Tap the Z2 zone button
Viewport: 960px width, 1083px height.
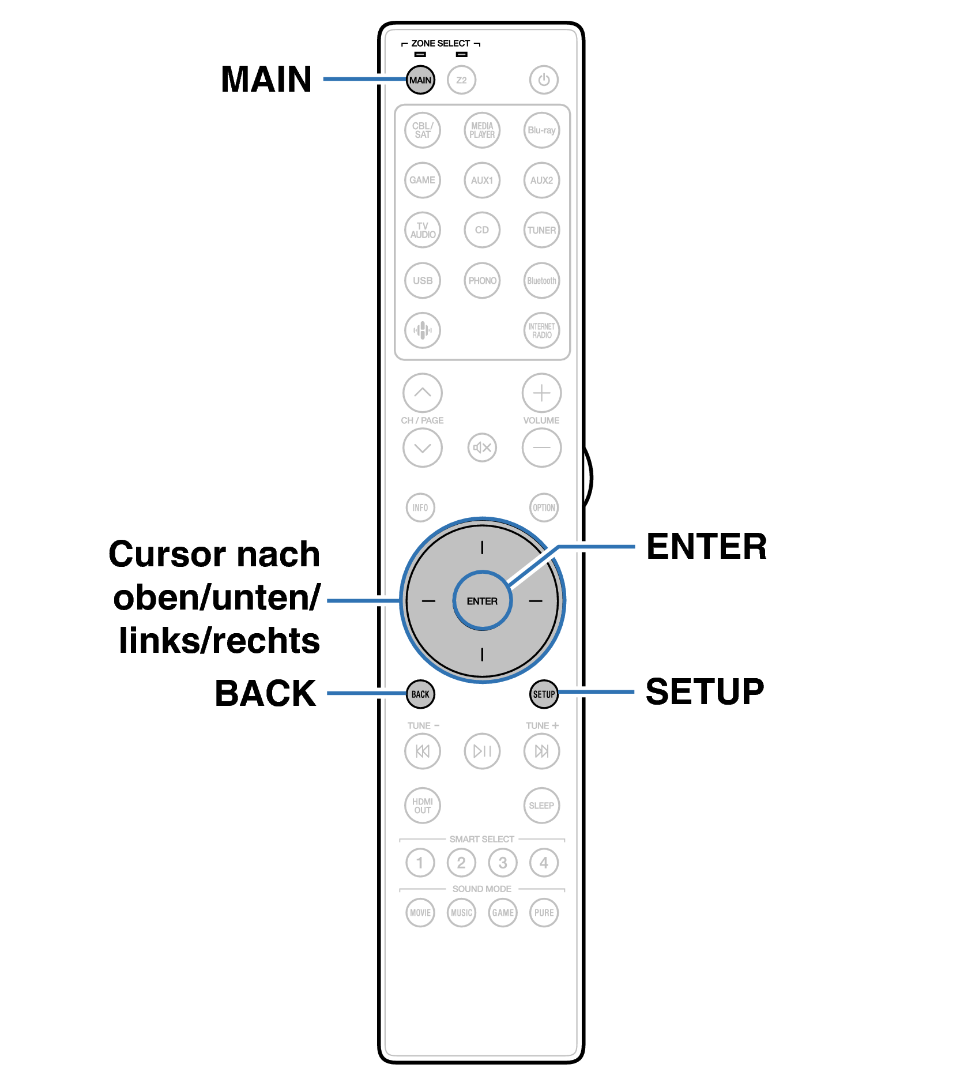(461, 80)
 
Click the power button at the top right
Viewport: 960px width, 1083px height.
(544, 80)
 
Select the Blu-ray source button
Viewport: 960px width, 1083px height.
(541, 130)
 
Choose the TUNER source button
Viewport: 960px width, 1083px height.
(541, 230)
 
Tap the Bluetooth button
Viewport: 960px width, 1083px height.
(541, 281)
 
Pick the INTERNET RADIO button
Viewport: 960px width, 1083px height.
(541, 330)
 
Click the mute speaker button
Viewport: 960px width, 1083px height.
(482, 448)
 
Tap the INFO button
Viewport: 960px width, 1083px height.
(420, 507)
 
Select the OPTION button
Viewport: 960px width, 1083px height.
(544, 507)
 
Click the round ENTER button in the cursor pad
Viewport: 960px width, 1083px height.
(482, 601)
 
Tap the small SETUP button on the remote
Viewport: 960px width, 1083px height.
(544, 694)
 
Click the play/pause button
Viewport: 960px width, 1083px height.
(482, 751)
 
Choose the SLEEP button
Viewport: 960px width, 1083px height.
(541, 806)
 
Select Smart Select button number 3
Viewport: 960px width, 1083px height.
(503, 863)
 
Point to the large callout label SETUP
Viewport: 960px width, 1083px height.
(705, 691)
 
